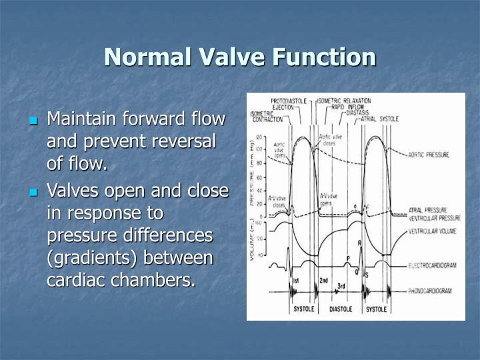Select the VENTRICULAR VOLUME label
click(x=433, y=231)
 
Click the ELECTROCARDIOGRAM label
click(x=433, y=265)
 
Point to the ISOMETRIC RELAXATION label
click(x=345, y=101)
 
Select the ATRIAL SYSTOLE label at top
click(x=379, y=119)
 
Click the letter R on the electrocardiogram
click(x=361, y=244)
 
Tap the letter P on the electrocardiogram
click(x=348, y=258)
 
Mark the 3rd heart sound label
click(x=341, y=286)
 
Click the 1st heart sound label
click(x=297, y=281)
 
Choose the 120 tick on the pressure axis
click(x=259, y=136)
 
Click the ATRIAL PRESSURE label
click(x=427, y=210)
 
